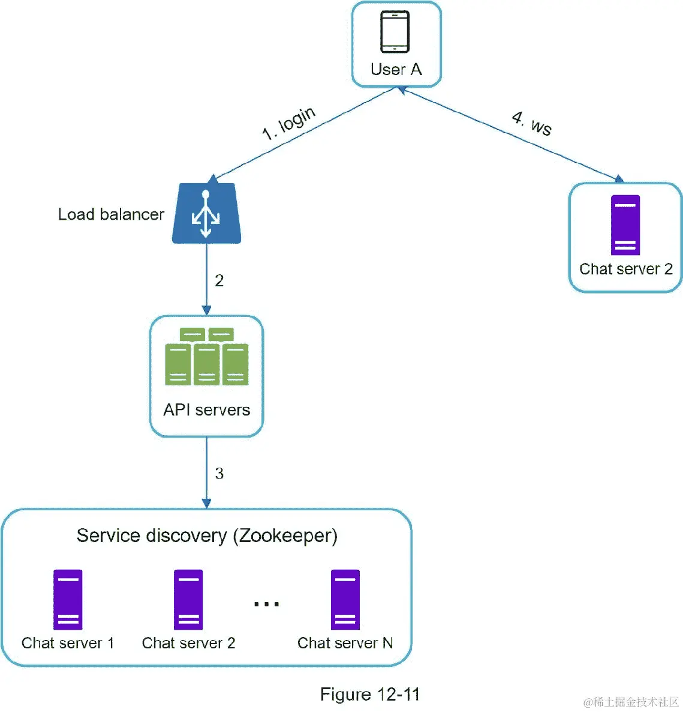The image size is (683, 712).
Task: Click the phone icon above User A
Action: (x=395, y=32)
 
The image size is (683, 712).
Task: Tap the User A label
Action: (x=396, y=70)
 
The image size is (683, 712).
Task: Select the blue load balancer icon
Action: (x=206, y=214)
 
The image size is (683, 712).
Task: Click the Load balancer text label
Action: (x=111, y=214)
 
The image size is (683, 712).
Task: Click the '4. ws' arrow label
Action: (x=532, y=123)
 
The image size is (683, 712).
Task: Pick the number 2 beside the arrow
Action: (x=219, y=280)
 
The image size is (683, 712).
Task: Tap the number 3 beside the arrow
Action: (x=219, y=474)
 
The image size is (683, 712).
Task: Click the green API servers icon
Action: (x=207, y=357)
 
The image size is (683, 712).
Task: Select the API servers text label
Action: (x=207, y=410)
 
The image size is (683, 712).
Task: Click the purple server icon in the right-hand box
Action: (x=625, y=225)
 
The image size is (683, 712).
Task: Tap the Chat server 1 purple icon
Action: (x=68, y=599)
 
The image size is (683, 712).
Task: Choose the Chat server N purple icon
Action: (x=345, y=599)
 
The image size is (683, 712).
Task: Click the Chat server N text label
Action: (x=345, y=643)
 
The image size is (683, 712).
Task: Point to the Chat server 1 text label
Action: (x=68, y=643)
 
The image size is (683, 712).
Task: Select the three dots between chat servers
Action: (x=266, y=604)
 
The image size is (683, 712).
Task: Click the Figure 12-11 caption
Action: (x=370, y=695)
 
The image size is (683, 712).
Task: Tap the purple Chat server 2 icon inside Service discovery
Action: (x=188, y=599)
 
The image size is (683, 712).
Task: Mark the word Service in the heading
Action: (x=109, y=536)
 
